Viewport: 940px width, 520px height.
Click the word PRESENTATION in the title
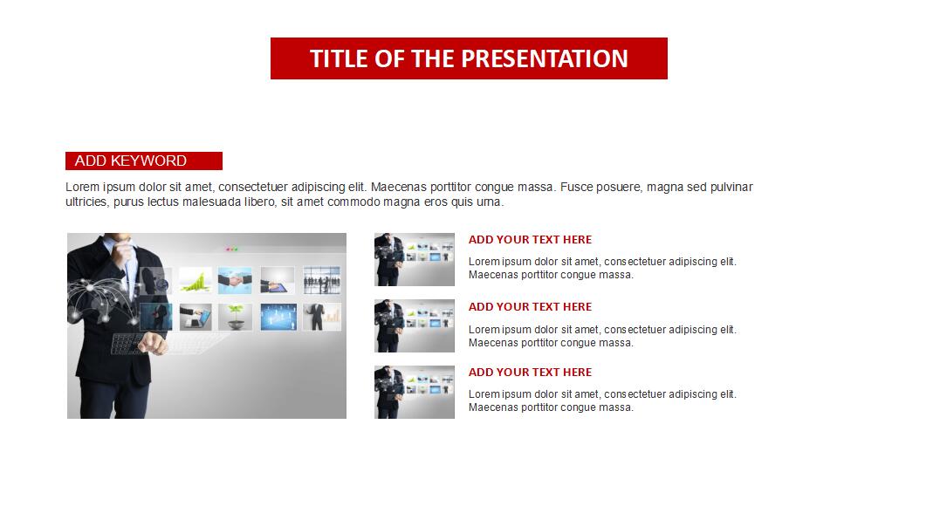pyautogui.click(x=545, y=58)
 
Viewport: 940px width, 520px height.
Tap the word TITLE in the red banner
pyautogui.click(x=339, y=58)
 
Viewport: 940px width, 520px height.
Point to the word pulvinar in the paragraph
pyautogui.click(x=731, y=188)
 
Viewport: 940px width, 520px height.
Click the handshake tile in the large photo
pyautogui.click(x=235, y=280)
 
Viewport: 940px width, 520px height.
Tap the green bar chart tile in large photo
pyautogui.click(x=196, y=280)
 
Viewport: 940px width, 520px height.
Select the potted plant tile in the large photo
pyautogui.click(x=235, y=317)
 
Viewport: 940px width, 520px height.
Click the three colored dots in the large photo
pyautogui.click(x=231, y=250)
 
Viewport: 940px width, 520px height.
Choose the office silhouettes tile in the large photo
pyautogui.click(x=322, y=280)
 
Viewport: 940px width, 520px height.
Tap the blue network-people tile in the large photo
pyautogui.click(x=278, y=317)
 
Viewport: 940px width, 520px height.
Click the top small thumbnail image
pyautogui.click(x=415, y=259)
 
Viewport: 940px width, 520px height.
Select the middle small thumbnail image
pyautogui.click(x=415, y=326)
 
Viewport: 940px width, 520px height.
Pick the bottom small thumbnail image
pyautogui.click(x=415, y=392)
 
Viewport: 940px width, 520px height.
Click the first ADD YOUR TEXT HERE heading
pyautogui.click(x=530, y=240)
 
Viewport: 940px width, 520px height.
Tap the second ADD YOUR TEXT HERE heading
pyautogui.click(x=530, y=307)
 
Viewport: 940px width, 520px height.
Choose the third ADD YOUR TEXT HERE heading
pyautogui.click(x=530, y=372)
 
